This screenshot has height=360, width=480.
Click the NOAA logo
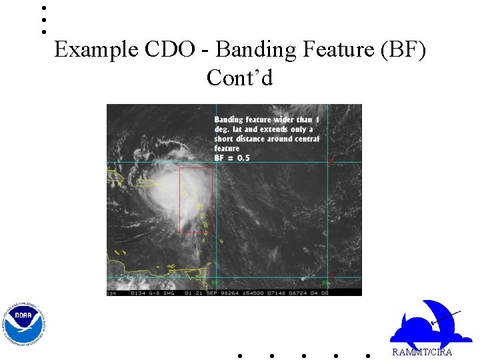point(24,324)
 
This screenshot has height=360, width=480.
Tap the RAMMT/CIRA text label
point(421,352)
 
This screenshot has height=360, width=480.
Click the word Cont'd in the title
point(239,78)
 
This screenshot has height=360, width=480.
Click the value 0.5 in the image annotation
point(242,158)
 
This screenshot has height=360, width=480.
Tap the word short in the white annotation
point(225,139)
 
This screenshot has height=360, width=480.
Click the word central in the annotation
point(307,139)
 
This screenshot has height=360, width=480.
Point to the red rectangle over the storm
point(195,200)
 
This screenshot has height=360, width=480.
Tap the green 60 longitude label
point(215,283)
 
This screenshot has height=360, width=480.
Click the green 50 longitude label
point(326,283)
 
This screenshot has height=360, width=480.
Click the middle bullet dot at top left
point(43,20)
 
